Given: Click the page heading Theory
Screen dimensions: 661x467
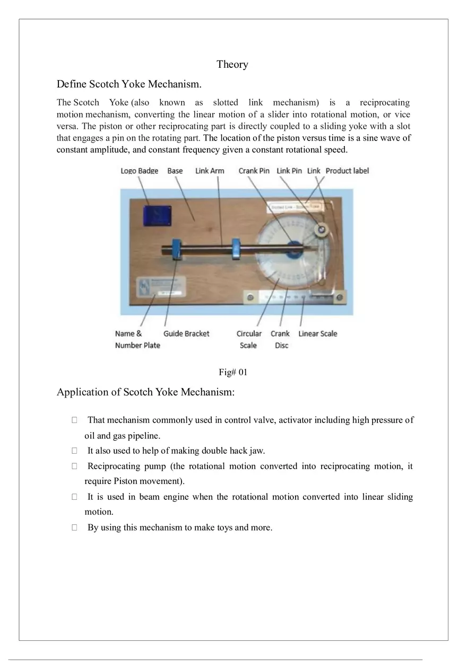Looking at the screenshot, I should pyautogui.click(x=232, y=65).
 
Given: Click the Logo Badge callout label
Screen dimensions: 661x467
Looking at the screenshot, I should pyautogui.click(x=139, y=171).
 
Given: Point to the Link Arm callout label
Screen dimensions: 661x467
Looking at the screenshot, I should pyautogui.click(x=210, y=171).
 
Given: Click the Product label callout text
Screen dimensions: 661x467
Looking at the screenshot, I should pyautogui.click(x=347, y=171).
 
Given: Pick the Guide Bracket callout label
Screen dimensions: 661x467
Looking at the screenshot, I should pyautogui.click(x=186, y=333).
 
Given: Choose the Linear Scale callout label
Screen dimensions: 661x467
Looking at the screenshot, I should pyautogui.click(x=317, y=333).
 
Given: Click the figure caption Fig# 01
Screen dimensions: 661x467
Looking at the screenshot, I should pyautogui.click(x=233, y=372).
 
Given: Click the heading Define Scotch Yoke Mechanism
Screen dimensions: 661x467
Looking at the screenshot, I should pyautogui.click(x=129, y=84).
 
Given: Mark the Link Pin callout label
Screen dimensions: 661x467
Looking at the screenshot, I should pyautogui.click(x=289, y=171).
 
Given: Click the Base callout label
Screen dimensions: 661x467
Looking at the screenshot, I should pyautogui.click(x=175, y=171).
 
